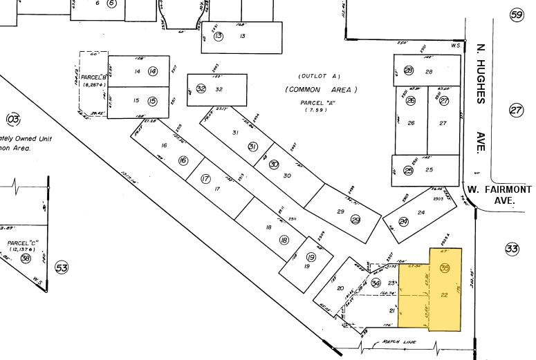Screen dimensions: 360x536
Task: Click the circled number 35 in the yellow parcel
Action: click(x=445, y=268)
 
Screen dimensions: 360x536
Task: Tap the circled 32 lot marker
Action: click(x=201, y=88)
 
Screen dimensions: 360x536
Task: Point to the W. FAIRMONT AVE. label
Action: click(x=499, y=194)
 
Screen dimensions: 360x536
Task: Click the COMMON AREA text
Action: click(x=320, y=90)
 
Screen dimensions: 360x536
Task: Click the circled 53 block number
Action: click(x=62, y=267)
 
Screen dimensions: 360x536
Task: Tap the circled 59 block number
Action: click(x=516, y=15)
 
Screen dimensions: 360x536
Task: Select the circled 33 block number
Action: click(x=512, y=248)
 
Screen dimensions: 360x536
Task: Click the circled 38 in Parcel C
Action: click(x=26, y=258)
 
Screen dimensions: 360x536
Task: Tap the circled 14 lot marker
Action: click(x=153, y=71)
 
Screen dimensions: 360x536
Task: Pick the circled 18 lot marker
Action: click(x=284, y=240)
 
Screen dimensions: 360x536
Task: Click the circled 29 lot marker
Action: click(x=355, y=220)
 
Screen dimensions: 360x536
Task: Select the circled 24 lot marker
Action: click(x=404, y=222)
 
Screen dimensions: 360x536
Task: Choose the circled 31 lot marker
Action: click(x=252, y=146)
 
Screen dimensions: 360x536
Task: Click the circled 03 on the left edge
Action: click(x=12, y=118)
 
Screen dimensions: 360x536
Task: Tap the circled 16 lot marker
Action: click(x=183, y=160)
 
